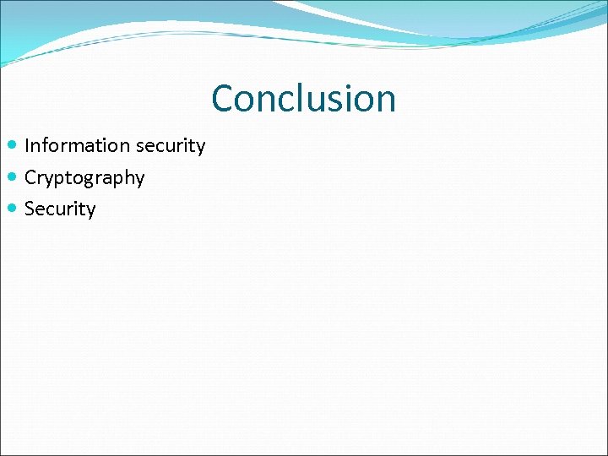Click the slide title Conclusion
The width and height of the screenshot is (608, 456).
(303, 98)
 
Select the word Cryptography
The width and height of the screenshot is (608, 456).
(84, 178)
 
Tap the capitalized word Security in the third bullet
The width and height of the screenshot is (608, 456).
(60, 209)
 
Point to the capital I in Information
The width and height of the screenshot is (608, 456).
(28, 145)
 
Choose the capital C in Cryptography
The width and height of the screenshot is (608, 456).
(31, 177)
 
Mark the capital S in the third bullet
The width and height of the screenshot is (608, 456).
(30, 209)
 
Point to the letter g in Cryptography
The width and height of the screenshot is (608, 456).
(89, 180)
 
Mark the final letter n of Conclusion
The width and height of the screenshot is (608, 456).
(385, 100)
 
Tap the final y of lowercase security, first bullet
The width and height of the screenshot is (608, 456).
(200, 148)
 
